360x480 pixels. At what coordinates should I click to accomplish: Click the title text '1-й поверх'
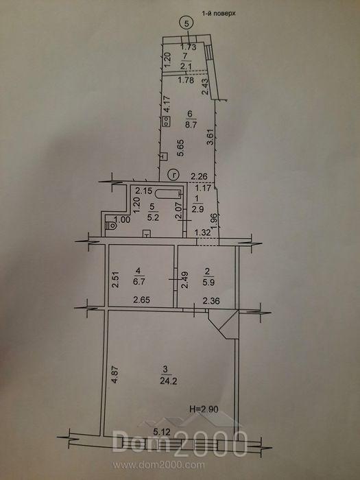[218, 14]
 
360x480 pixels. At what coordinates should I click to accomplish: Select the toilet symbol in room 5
[111, 226]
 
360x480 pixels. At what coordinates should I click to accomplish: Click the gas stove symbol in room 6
[167, 121]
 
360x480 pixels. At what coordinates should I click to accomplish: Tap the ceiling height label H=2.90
[204, 409]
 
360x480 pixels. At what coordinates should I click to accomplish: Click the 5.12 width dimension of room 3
[163, 432]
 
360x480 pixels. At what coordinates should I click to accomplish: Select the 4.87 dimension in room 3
[115, 375]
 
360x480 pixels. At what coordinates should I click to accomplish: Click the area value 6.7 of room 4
[139, 281]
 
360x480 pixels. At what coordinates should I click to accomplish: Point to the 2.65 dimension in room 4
[141, 300]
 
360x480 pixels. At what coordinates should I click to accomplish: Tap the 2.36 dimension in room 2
[211, 301]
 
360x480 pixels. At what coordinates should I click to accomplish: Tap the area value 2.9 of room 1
[197, 210]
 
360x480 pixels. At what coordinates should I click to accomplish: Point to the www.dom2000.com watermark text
[158, 466]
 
